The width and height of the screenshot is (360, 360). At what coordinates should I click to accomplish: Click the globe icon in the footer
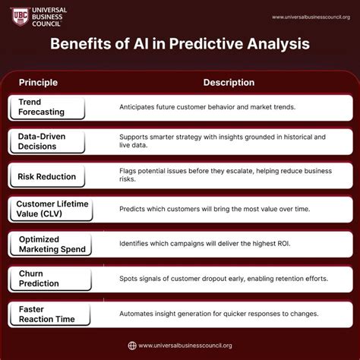132,346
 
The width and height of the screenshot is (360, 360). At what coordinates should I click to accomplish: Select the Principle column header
39,82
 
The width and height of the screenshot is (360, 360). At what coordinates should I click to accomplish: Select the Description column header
229,82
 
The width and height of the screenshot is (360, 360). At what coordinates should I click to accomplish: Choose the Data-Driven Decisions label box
47,141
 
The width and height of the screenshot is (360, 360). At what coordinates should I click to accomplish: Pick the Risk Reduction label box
47,176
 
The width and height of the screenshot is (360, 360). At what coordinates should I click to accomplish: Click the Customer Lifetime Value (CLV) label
52,209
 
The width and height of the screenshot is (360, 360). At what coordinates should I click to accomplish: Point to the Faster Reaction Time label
47,314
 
